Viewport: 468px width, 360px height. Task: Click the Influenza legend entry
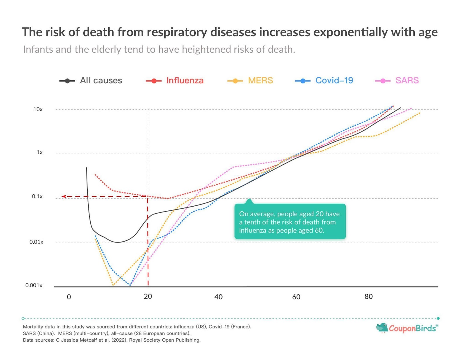[185, 80]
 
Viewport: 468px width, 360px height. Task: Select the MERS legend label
[260, 80]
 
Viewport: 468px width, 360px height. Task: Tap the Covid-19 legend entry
[334, 80]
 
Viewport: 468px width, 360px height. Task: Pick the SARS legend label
[407, 80]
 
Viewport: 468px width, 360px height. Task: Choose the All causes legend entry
[101, 80]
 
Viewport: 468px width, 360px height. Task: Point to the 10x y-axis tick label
[38, 109]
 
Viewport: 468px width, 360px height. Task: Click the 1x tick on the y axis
[39, 152]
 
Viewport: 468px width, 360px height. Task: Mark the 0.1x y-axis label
[37, 196]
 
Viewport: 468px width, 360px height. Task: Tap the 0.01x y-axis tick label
[36, 242]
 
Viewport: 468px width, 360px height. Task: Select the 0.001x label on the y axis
[34, 285]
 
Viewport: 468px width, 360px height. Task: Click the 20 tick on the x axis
[148, 296]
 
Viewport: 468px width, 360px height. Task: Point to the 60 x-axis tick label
[296, 297]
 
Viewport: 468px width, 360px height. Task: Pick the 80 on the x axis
[369, 297]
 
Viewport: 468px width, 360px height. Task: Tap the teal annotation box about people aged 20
[290, 222]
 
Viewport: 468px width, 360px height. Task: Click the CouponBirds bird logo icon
[382, 328]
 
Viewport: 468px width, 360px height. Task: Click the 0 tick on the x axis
[69, 297]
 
